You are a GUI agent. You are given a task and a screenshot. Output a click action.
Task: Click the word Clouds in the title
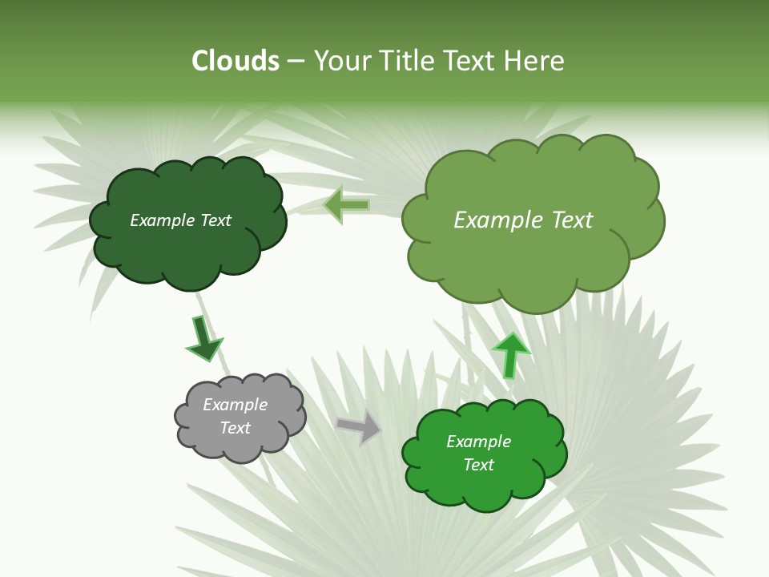coord(236,61)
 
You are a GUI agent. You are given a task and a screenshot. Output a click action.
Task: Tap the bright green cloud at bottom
coord(485,489)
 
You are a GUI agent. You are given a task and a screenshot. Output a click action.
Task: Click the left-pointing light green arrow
coord(347,205)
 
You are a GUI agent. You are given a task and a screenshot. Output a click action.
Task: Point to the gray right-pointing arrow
coord(359,428)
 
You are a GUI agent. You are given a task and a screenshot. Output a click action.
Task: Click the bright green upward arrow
coord(510,354)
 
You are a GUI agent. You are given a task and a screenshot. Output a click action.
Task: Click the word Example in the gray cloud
coord(235,405)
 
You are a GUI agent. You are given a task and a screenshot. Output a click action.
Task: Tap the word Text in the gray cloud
coord(235,428)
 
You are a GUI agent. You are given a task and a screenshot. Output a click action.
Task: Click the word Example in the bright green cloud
coord(478,442)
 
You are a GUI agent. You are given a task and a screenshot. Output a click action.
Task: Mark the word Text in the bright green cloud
coord(478,465)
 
